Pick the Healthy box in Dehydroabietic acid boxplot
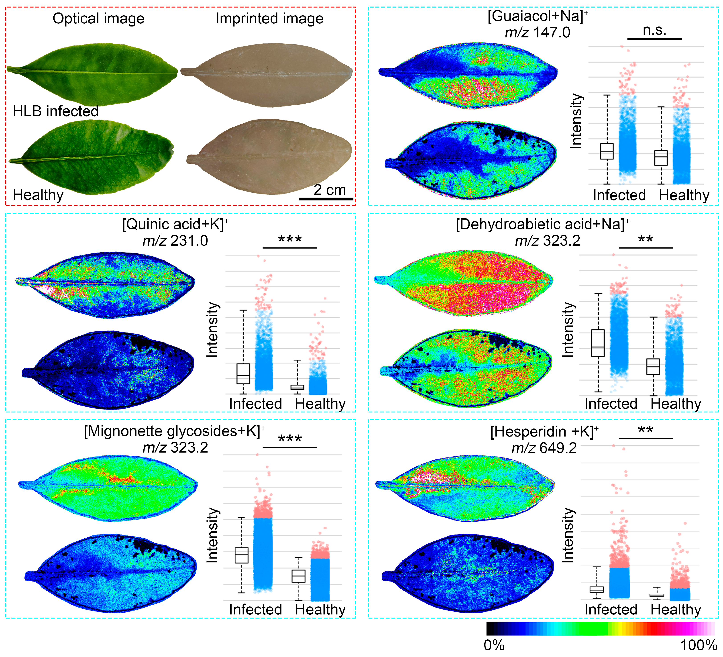653,367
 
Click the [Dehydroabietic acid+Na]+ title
542,224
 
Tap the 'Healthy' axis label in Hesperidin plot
676,609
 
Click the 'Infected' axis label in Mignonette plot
255,609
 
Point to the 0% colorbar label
494,645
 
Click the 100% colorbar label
698,645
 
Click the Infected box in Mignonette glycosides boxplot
241,555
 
